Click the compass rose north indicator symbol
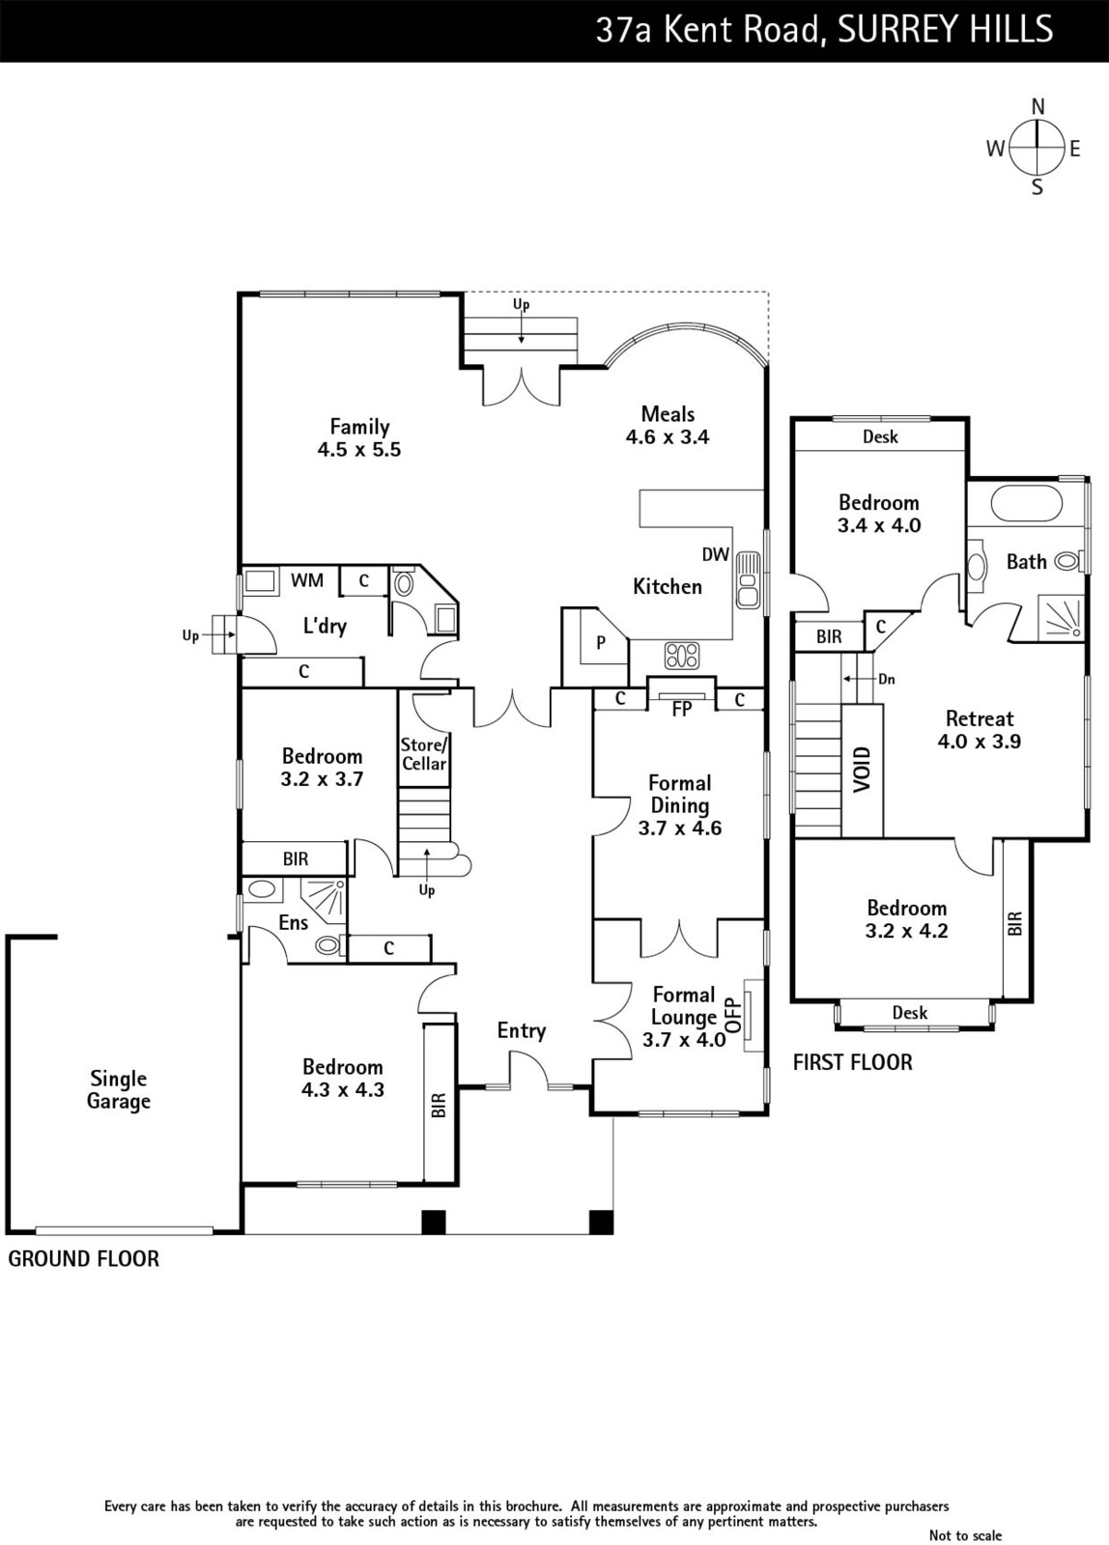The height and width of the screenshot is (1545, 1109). pyautogui.click(x=1037, y=147)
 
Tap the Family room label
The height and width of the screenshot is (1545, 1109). pyautogui.click(x=358, y=427)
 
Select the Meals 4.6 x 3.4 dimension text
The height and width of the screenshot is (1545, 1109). pyautogui.click(x=668, y=437)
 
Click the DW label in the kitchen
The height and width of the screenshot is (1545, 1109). pyautogui.click(x=716, y=554)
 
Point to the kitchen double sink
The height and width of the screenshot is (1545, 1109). pyautogui.click(x=748, y=579)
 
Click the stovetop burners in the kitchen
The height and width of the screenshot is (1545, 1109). pyautogui.click(x=682, y=656)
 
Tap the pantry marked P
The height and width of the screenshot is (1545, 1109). pyautogui.click(x=601, y=642)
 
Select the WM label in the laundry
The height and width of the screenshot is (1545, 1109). pyautogui.click(x=306, y=580)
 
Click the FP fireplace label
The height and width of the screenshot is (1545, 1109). pyautogui.click(x=682, y=709)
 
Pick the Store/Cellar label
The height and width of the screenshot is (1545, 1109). pyautogui.click(x=424, y=754)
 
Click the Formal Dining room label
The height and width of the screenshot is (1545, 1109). pyautogui.click(x=680, y=794)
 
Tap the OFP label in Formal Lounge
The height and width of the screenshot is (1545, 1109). pyautogui.click(x=733, y=1015)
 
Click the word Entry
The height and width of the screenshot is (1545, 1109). pyautogui.click(x=522, y=1030)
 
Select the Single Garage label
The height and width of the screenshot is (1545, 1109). pyautogui.click(x=119, y=1090)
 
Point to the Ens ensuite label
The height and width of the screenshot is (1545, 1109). pyautogui.click(x=294, y=922)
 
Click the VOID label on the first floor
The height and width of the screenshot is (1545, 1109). pyautogui.click(x=863, y=769)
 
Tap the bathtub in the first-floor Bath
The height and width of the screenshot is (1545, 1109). pyautogui.click(x=1026, y=503)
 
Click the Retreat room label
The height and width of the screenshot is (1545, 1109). pyautogui.click(x=980, y=718)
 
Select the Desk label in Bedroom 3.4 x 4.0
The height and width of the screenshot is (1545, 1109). pyautogui.click(x=881, y=436)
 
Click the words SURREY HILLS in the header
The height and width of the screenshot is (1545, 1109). pyautogui.click(x=946, y=30)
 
